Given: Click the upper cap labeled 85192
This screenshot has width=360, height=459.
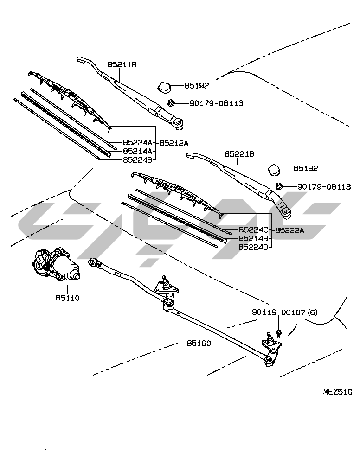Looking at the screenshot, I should [x=164, y=86].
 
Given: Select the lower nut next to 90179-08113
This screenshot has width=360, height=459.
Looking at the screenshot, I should [x=279, y=186].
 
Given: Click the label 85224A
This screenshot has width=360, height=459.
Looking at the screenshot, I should [x=138, y=143].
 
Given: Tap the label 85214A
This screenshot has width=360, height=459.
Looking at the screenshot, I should [x=138, y=151].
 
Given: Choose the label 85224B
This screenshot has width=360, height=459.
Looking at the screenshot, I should [x=138, y=159].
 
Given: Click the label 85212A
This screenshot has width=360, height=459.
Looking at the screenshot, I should [x=177, y=143].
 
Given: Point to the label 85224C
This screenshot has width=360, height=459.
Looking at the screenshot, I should [x=253, y=230].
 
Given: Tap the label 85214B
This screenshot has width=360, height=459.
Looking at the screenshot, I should [x=253, y=238].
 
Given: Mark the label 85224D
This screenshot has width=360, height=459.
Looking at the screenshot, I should [x=253, y=247].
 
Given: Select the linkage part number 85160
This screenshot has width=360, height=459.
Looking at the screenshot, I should [x=199, y=343].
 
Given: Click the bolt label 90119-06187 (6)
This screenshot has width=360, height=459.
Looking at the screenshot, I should [x=285, y=313].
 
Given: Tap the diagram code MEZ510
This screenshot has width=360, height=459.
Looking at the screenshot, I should [x=337, y=391].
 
